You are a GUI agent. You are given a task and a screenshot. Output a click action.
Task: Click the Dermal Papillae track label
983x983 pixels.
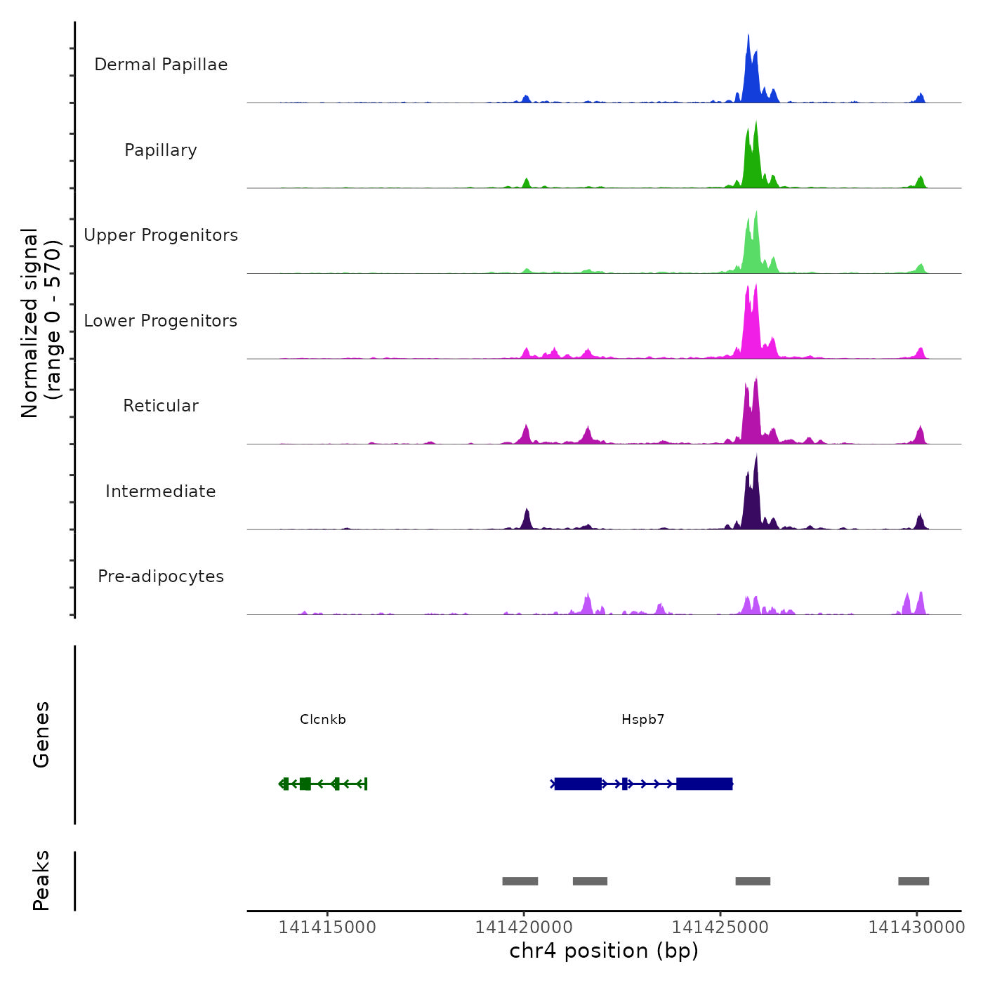tap(161, 65)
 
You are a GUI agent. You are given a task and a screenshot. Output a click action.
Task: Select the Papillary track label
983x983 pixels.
tap(161, 150)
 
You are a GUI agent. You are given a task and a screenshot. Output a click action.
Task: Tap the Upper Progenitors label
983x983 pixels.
tap(161, 235)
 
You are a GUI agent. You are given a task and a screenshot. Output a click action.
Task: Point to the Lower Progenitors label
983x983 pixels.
tap(161, 321)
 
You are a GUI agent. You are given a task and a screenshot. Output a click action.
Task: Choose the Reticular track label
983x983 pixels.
tap(161, 406)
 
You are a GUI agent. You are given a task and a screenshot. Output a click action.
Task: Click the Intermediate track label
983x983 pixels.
tap(161, 491)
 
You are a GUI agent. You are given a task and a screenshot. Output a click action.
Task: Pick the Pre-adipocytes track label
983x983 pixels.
tap(161, 576)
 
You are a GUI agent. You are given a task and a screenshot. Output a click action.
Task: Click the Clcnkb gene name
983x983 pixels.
tap(323, 720)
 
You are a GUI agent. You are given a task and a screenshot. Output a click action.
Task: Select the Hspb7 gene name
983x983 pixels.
tap(642, 720)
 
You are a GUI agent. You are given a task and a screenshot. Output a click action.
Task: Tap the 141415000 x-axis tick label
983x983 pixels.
tap(327, 928)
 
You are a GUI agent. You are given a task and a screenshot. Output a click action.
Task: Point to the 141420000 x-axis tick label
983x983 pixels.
tap(524, 928)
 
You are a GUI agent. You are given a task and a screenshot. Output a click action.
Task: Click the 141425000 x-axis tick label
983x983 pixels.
tap(720, 928)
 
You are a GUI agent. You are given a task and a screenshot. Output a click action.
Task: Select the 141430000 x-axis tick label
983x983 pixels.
tap(916, 928)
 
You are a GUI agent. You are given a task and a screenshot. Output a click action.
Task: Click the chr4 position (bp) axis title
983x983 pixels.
tap(604, 951)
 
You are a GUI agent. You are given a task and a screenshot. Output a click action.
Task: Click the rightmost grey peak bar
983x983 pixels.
tap(913, 881)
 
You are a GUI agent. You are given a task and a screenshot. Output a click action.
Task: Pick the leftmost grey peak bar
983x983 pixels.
tap(520, 881)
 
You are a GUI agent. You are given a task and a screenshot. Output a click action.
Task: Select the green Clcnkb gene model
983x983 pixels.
tap(323, 784)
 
